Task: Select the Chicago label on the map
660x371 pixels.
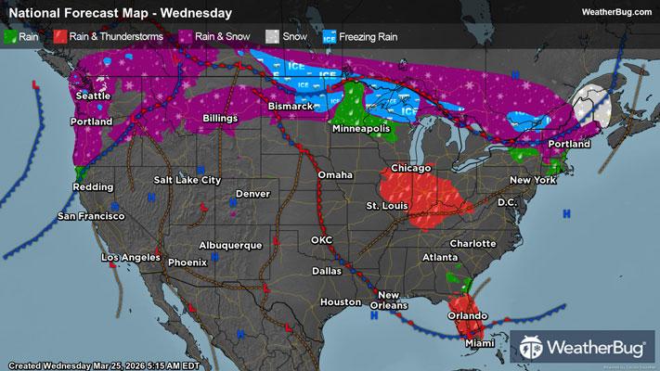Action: point(411,168)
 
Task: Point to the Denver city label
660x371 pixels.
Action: point(252,194)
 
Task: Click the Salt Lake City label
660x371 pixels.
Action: point(188,179)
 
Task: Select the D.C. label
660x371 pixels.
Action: point(507,201)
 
